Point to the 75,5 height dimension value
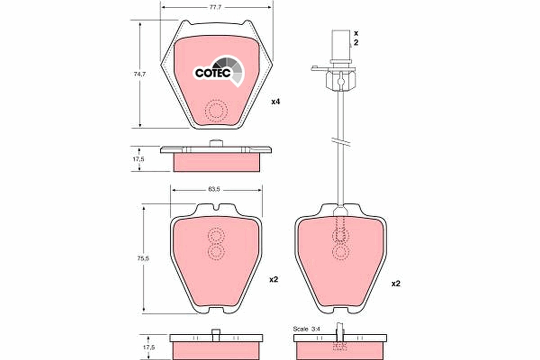(x=133, y=258)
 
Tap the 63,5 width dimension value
(x=214, y=189)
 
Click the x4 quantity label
(x=275, y=102)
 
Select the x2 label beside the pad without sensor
(x=274, y=279)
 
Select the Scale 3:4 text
(x=306, y=329)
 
